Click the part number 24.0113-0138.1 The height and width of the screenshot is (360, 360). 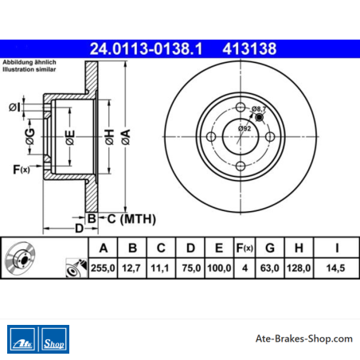[146, 49]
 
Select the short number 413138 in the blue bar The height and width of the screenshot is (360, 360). [249, 49]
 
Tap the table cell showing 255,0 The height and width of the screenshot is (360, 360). [103, 268]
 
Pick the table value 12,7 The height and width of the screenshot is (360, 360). [131, 268]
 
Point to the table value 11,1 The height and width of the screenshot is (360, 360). [160, 268]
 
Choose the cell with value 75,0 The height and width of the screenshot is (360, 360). [191, 268]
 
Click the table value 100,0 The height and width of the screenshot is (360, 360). [219, 268]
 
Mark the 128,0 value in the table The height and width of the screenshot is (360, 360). [299, 268]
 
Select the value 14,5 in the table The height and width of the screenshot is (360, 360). [335, 268]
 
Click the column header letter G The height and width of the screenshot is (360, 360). [270, 248]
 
